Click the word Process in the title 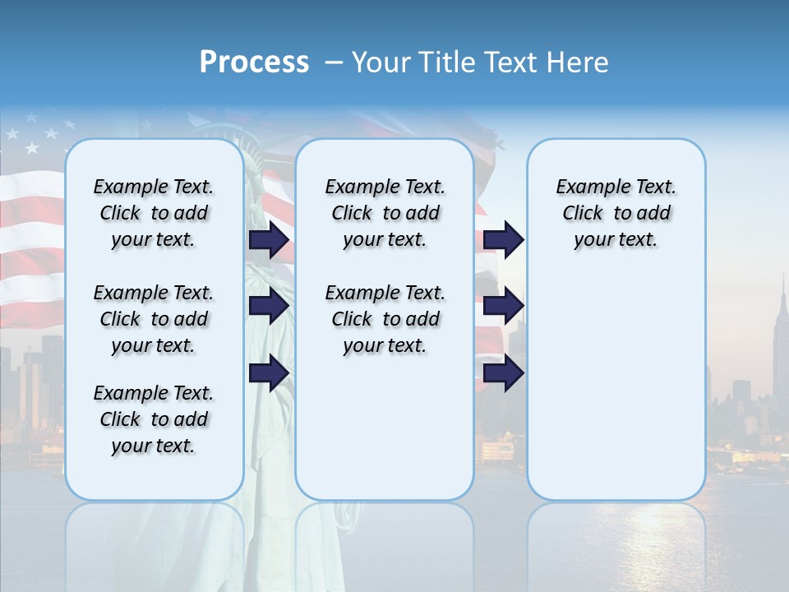254,62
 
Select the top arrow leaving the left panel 269,240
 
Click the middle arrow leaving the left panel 269,306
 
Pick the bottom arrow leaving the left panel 269,372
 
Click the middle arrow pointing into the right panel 503,306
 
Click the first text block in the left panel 153,213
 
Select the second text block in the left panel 153,319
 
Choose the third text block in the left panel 153,419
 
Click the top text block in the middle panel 385,213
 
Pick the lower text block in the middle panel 385,319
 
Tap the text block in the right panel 616,213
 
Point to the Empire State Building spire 782,284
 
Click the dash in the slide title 334,63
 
